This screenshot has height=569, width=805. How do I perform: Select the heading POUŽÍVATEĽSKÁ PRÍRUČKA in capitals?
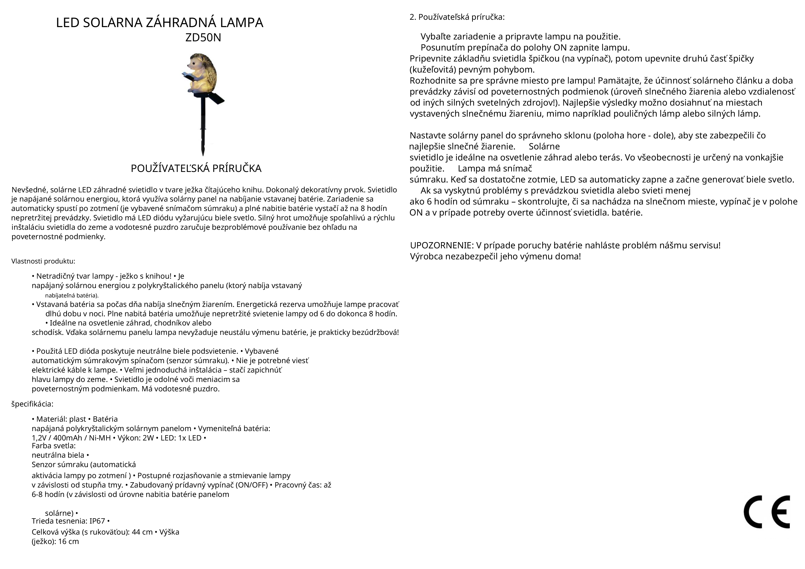(x=196, y=168)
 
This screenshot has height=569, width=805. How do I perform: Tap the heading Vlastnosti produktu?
(x=43, y=261)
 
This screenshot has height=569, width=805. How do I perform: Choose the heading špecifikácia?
(x=32, y=404)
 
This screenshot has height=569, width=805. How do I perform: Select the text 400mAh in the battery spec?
(x=68, y=438)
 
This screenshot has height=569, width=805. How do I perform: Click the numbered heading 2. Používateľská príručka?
(x=457, y=17)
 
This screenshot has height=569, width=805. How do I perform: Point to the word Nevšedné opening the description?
(x=29, y=190)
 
